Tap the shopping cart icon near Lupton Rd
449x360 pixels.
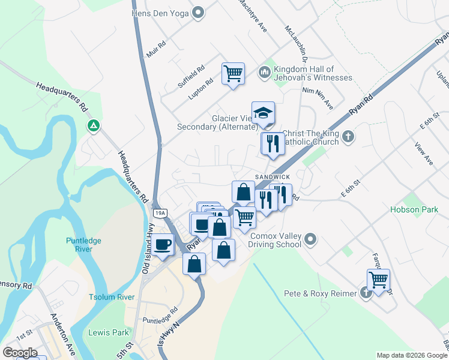pos(233,74)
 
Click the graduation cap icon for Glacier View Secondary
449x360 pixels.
pos(263,113)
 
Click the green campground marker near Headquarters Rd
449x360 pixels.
pos(93,126)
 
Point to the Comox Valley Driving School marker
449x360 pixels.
pos(310,240)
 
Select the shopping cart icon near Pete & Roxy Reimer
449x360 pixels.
pos(378,280)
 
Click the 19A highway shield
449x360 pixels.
pos(160,213)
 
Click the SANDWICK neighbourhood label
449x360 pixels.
pos(273,176)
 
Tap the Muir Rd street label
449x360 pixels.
pos(156,49)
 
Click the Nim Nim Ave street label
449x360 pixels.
pos(318,97)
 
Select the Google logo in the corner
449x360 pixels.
pos(20,353)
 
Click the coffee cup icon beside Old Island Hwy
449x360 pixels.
pos(162,245)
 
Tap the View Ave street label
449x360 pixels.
pos(424,154)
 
